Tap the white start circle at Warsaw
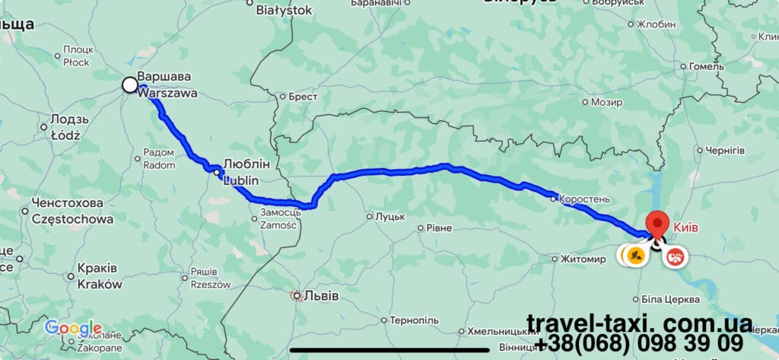click(130, 85)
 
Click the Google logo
click(73, 328)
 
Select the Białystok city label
click(284, 10)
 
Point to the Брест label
click(303, 97)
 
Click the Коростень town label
click(584, 199)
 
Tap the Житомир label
click(582, 259)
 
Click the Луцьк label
click(389, 217)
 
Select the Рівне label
click(438, 228)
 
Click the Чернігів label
click(725, 150)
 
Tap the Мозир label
click(606, 101)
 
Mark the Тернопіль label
click(414, 320)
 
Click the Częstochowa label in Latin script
click(73, 219)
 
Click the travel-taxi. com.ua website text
click(639, 323)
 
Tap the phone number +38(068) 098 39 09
click(639, 343)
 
